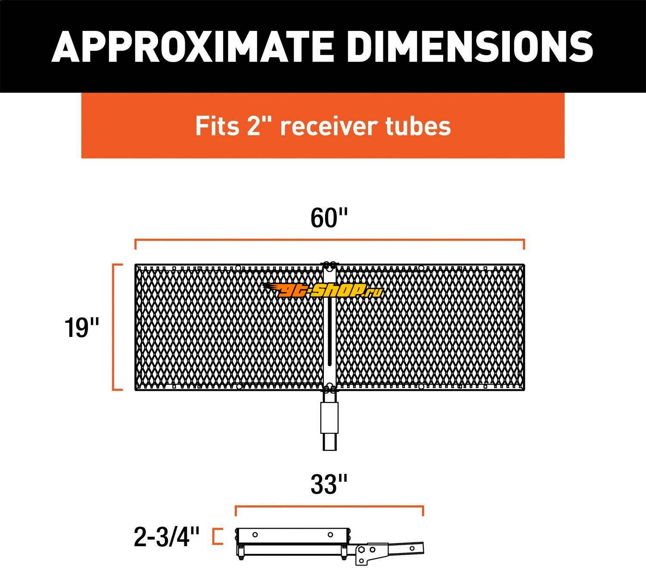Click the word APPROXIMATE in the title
(192, 46)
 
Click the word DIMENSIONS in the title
(470, 46)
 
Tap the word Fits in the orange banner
(217, 126)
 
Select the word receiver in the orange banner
(329, 126)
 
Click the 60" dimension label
(329, 218)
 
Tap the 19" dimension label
(82, 328)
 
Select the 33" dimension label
(329, 485)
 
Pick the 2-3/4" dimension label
(167, 537)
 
